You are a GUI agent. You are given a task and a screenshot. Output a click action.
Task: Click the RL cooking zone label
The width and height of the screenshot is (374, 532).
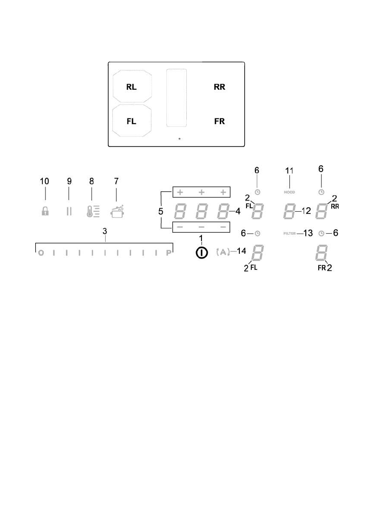pos(131,88)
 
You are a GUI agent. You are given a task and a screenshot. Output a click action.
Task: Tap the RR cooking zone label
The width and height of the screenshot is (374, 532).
pos(219,88)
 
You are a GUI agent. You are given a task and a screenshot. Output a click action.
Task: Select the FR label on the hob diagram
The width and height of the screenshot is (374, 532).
pos(219,121)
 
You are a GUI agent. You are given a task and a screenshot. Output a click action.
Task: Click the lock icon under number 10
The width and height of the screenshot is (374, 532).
pos(45,211)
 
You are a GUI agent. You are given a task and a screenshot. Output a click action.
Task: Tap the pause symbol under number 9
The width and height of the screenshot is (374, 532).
pos(69,211)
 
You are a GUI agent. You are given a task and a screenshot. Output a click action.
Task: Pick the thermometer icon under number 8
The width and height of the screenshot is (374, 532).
pos(93,210)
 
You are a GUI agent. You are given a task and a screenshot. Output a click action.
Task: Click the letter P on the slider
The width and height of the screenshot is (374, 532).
pos(169,253)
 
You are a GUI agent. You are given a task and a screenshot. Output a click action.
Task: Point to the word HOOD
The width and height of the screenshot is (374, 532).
pos(290,192)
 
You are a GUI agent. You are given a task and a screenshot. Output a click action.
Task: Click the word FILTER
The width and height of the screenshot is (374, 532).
pos(290,234)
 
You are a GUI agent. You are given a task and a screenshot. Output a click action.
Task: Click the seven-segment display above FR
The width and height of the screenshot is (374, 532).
pos(321,253)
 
